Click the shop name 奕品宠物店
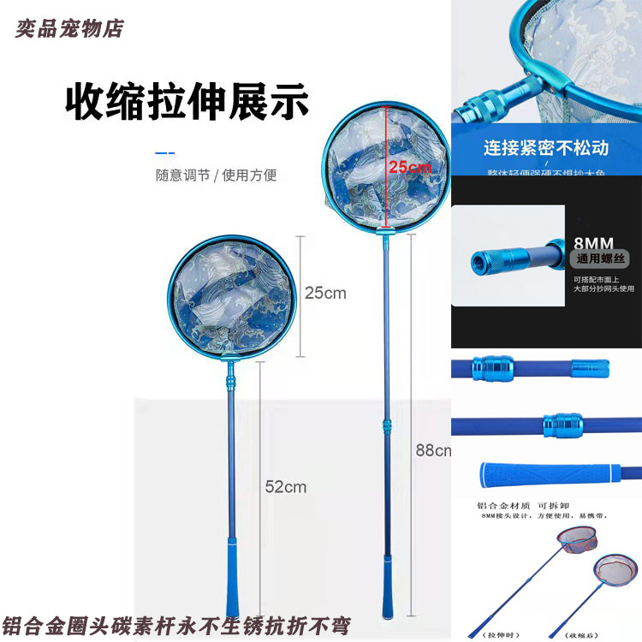[x=69, y=28]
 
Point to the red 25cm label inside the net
[x=409, y=167]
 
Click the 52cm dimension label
[x=285, y=487]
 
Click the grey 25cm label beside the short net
[x=325, y=293]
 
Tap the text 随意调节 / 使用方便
[x=216, y=175]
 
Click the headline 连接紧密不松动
[x=546, y=147]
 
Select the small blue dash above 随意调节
[x=164, y=152]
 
